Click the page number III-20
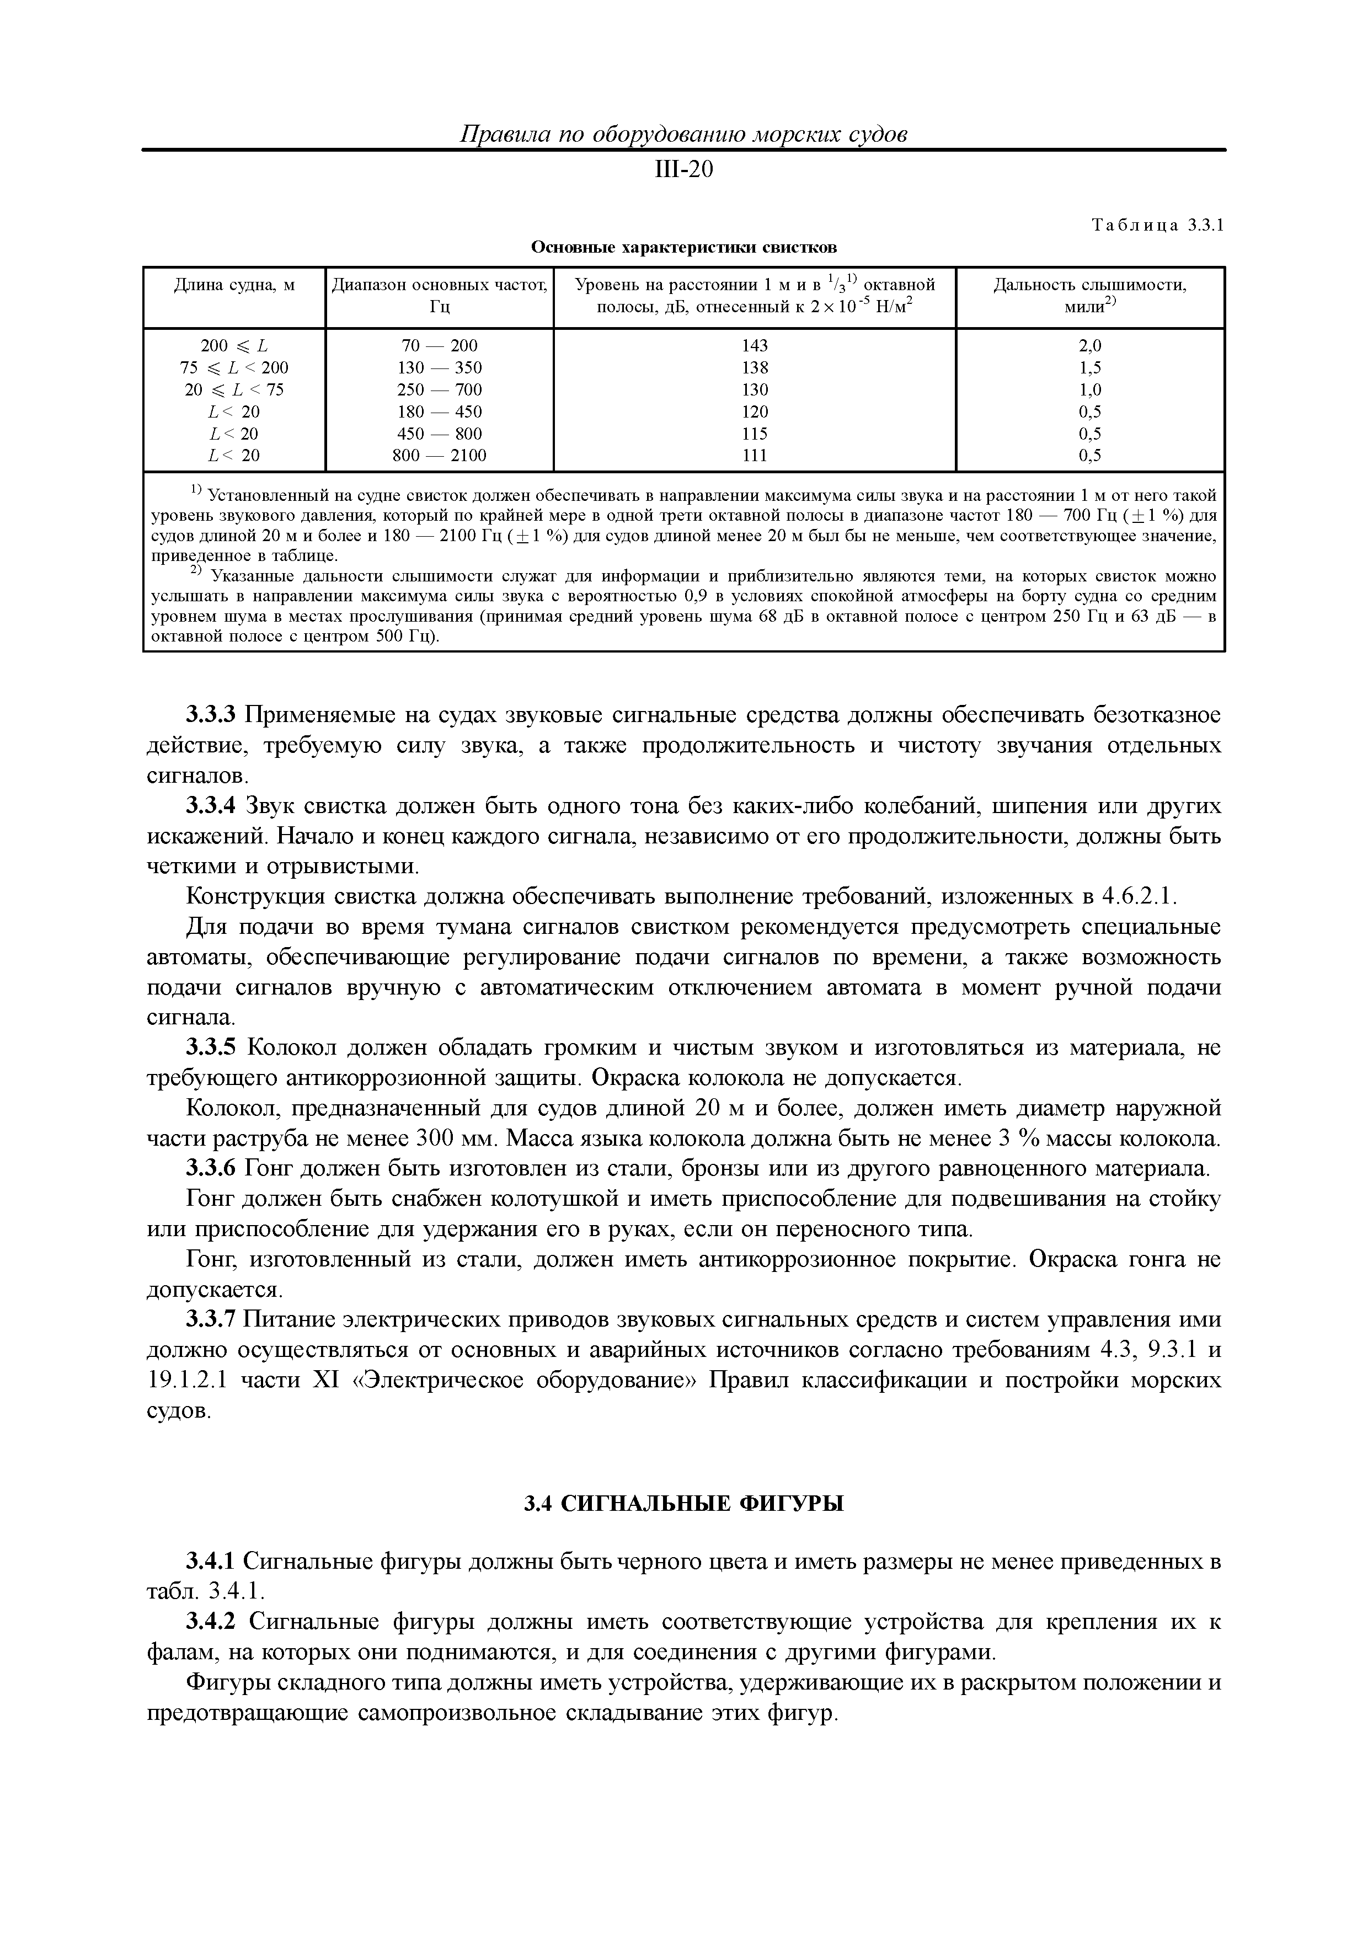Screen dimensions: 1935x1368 click(x=683, y=170)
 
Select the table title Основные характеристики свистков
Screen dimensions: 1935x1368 click(x=683, y=248)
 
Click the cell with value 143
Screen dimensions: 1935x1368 click(x=755, y=345)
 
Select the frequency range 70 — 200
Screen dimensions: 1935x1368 click(x=439, y=345)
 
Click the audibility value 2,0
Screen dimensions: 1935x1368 click(x=1090, y=345)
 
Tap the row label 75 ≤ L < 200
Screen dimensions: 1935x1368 click(x=234, y=367)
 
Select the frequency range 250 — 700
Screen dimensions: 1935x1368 click(x=439, y=389)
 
